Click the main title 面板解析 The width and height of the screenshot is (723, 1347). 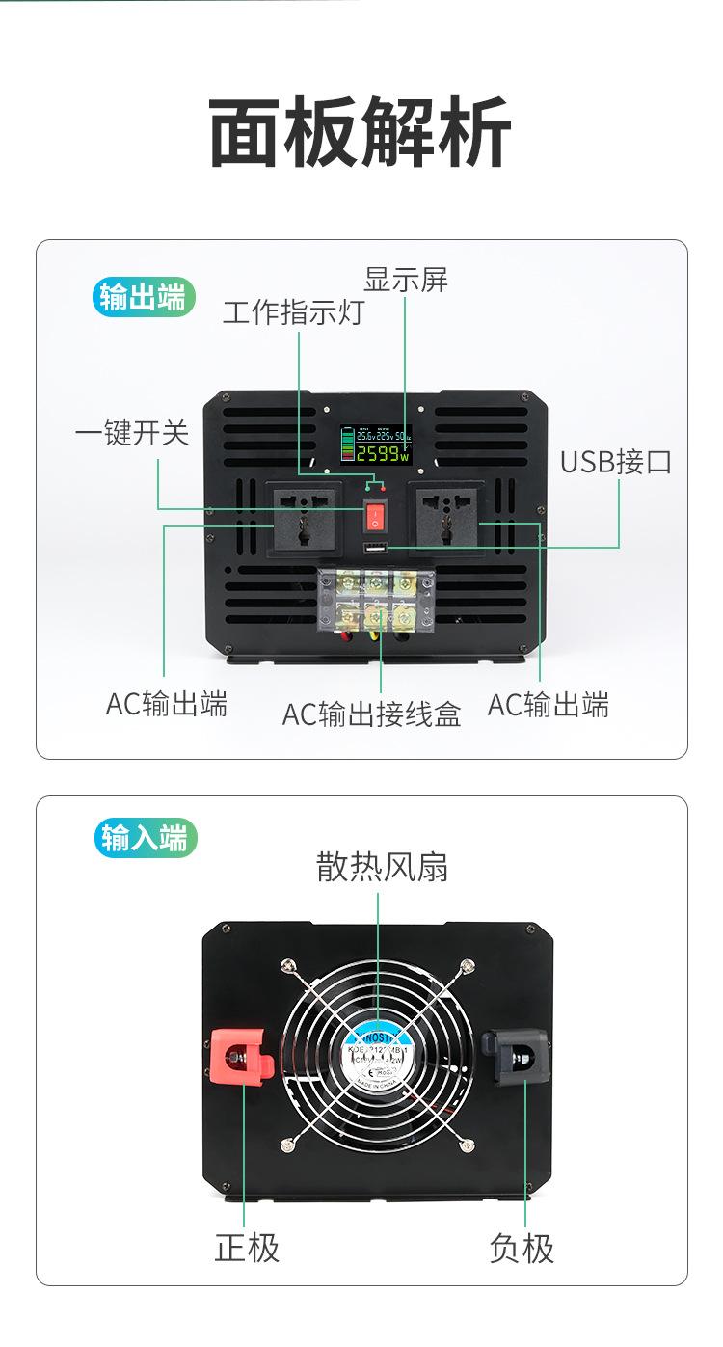(361, 134)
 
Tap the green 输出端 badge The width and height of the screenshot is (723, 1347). (143, 298)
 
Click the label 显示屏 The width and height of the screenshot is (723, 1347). (405, 281)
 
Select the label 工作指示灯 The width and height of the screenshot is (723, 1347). (293, 313)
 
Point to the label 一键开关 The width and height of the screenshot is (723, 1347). (132, 434)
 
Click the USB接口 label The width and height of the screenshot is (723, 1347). (616, 462)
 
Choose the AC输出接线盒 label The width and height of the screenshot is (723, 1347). (371, 714)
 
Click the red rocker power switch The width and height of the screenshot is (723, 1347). (375, 518)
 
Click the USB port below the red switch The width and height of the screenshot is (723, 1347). (375, 550)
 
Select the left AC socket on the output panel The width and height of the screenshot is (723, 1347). (302, 520)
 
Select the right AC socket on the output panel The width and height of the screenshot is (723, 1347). (448, 520)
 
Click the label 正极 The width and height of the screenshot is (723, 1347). (247, 1249)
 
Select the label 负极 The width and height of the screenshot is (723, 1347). (522, 1249)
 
